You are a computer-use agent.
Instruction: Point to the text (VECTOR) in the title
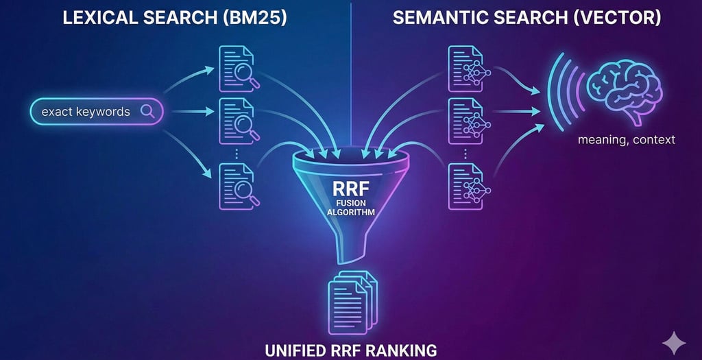click(x=616, y=18)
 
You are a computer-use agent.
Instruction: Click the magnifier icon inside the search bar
click(x=147, y=111)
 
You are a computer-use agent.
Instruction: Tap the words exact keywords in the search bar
click(x=85, y=112)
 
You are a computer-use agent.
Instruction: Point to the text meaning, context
click(x=626, y=139)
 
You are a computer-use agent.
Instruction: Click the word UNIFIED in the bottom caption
click(x=295, y=350)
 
